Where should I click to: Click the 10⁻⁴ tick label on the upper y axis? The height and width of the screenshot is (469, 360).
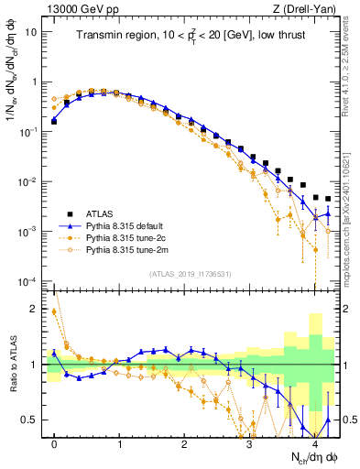point(28,280)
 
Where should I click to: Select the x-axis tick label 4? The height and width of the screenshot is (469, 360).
point(314,442)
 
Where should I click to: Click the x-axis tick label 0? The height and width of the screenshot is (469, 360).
point(55,442)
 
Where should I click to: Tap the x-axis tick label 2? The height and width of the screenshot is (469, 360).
point(184,442)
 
